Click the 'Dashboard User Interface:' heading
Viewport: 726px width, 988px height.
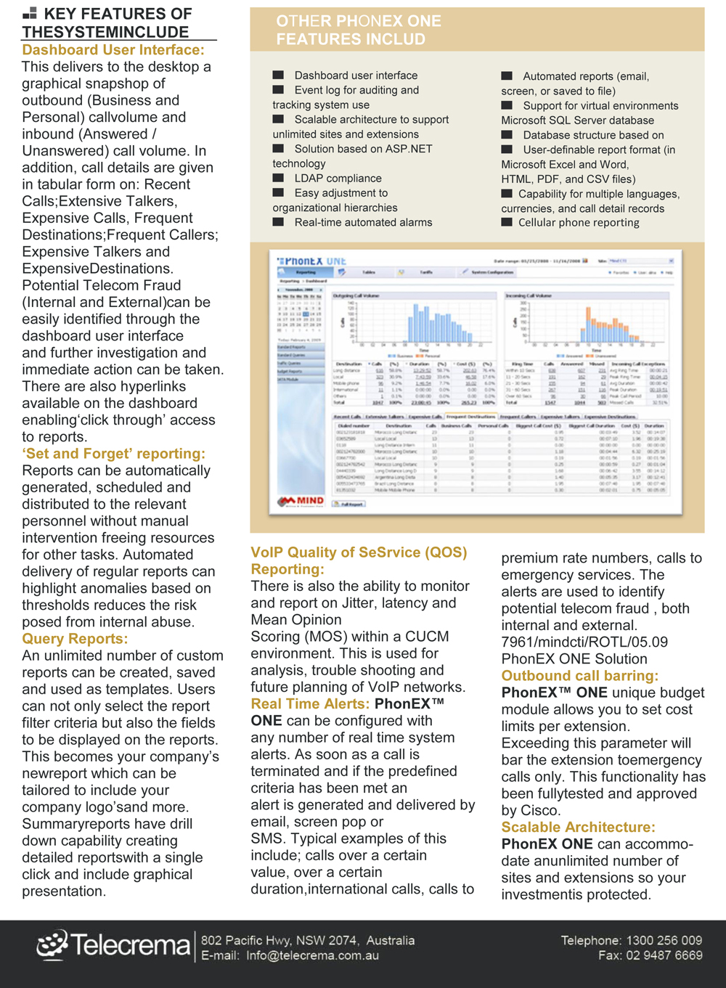pyautogui.click(x=113, y=50)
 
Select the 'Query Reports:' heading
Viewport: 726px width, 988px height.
pyautogui.click(x=75, y=639)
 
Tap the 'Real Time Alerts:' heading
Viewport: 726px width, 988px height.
pyautogui.click(x=310, y=704)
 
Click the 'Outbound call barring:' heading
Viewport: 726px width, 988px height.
pyautogui.click(x=579, y=676)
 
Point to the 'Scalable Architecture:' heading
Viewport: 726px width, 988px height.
pyautogui.click(x=578, y=828)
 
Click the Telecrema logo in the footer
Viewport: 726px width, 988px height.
pyautogui.click(x=114, y=944)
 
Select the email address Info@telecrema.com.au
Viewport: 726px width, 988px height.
pyautogui.click(x=312, y=956)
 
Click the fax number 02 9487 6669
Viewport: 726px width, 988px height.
pyautogui.click(x=664, y=955)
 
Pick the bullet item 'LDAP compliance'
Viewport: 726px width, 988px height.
pyautogui.click(x=338, y=179)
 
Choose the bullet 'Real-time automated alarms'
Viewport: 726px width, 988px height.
pyautogui.click(x=363, y=223)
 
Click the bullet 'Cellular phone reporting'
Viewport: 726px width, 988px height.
pyautogui.click(x=579, y=223)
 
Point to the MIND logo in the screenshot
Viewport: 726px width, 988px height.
pyautogui.click(x=301, y=501)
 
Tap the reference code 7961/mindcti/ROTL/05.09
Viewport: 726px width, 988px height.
pyautogui.click(x=584, y=642)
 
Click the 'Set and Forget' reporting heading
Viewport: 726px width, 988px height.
pyautogui.click(x=113, y=454)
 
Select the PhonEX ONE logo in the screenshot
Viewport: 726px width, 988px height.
pyautogui.click(x=312, y=261)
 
